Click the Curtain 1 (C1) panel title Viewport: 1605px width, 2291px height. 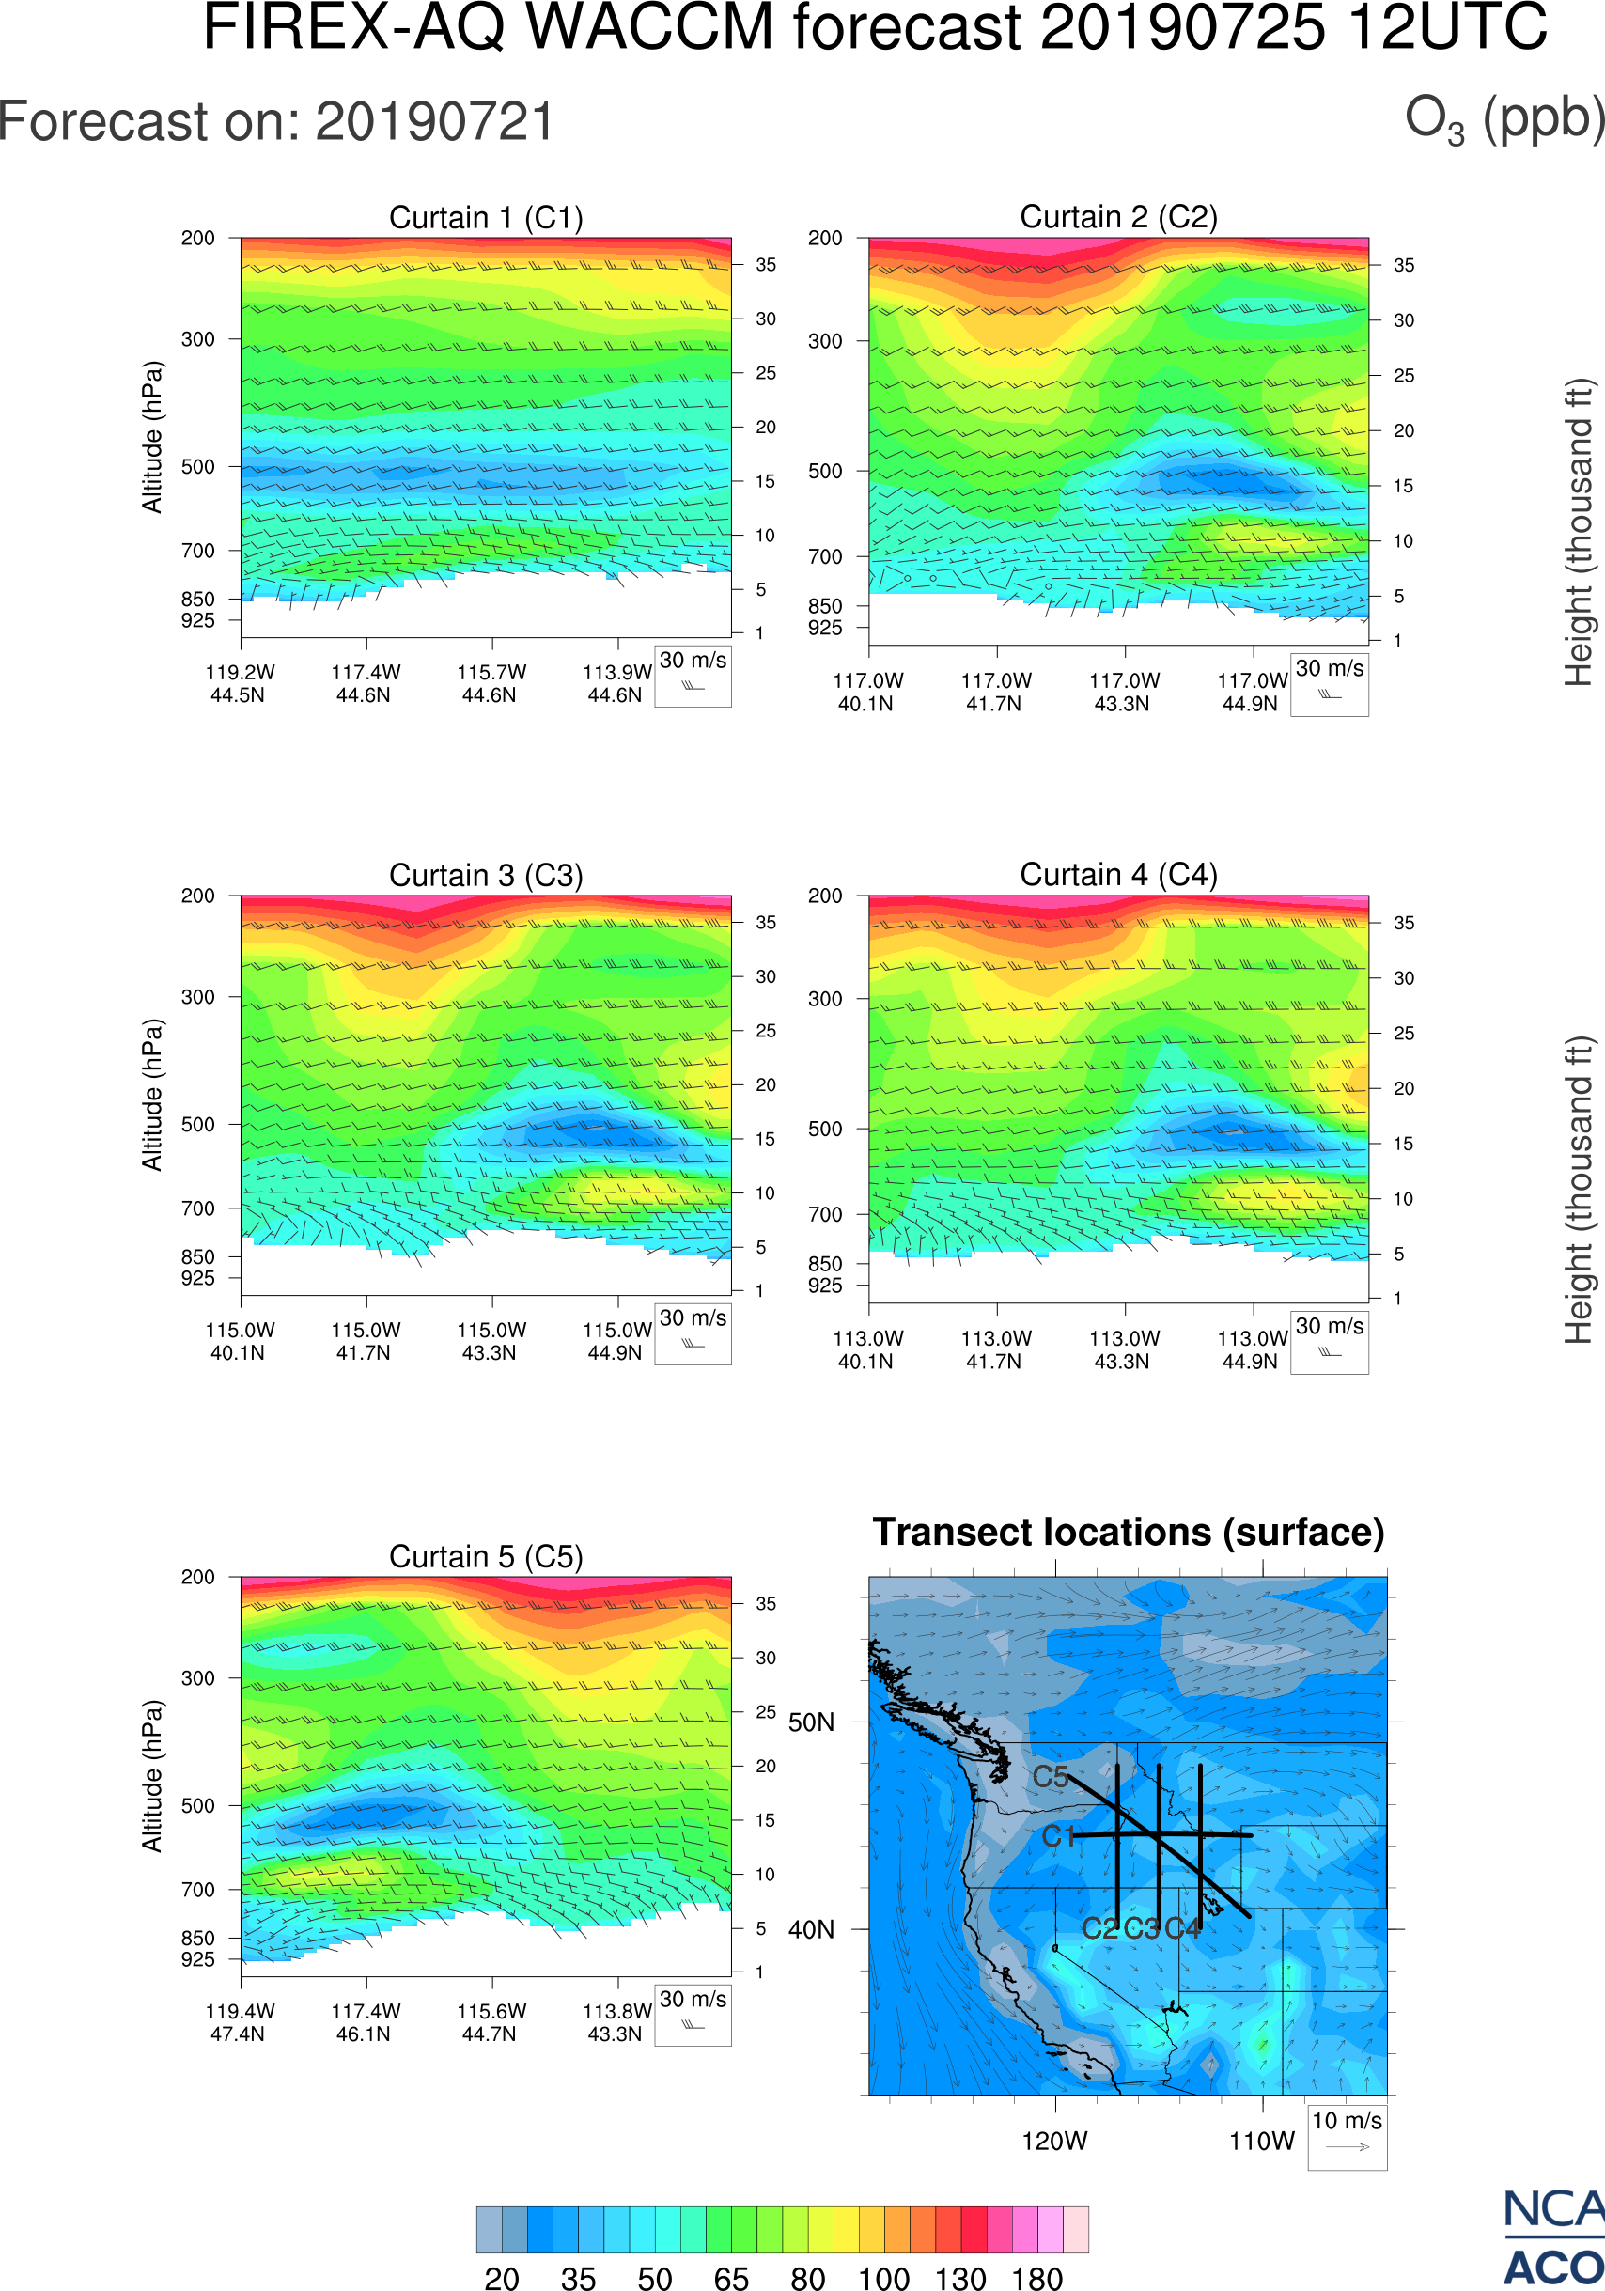(x=486, y=217)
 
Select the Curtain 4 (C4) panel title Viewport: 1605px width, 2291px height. (x=1118, y=875)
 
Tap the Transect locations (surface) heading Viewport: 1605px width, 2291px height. (x=1129, y=1532)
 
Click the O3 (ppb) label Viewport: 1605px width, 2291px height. (x=1504, y=119)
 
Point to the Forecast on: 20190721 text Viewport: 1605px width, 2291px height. (x=276, y=122)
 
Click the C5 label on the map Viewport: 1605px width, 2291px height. (x=1051, y=1777)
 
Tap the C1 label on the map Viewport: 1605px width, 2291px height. (x=1058, y=1836)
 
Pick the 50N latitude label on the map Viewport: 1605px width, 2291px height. (x=811, y=1722)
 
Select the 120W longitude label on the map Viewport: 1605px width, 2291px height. (x=1054, y=2142)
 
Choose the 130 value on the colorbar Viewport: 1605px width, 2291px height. (x=959, y=2278)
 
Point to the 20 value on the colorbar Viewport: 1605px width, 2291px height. (x=502, y=2278)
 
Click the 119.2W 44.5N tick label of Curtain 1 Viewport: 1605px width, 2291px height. (x=240, y=683)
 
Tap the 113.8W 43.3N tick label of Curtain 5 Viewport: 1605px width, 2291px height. (x=616, y=2022)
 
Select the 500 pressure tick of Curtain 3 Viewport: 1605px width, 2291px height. (x=197, y=1125)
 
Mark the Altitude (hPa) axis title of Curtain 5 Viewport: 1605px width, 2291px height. (x=151, y=1776)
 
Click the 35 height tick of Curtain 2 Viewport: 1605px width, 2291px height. (x=1404, y=265)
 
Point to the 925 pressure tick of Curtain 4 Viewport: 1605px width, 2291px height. (x=825, y=1286)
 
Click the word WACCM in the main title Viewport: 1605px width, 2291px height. (x=649, y=28)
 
